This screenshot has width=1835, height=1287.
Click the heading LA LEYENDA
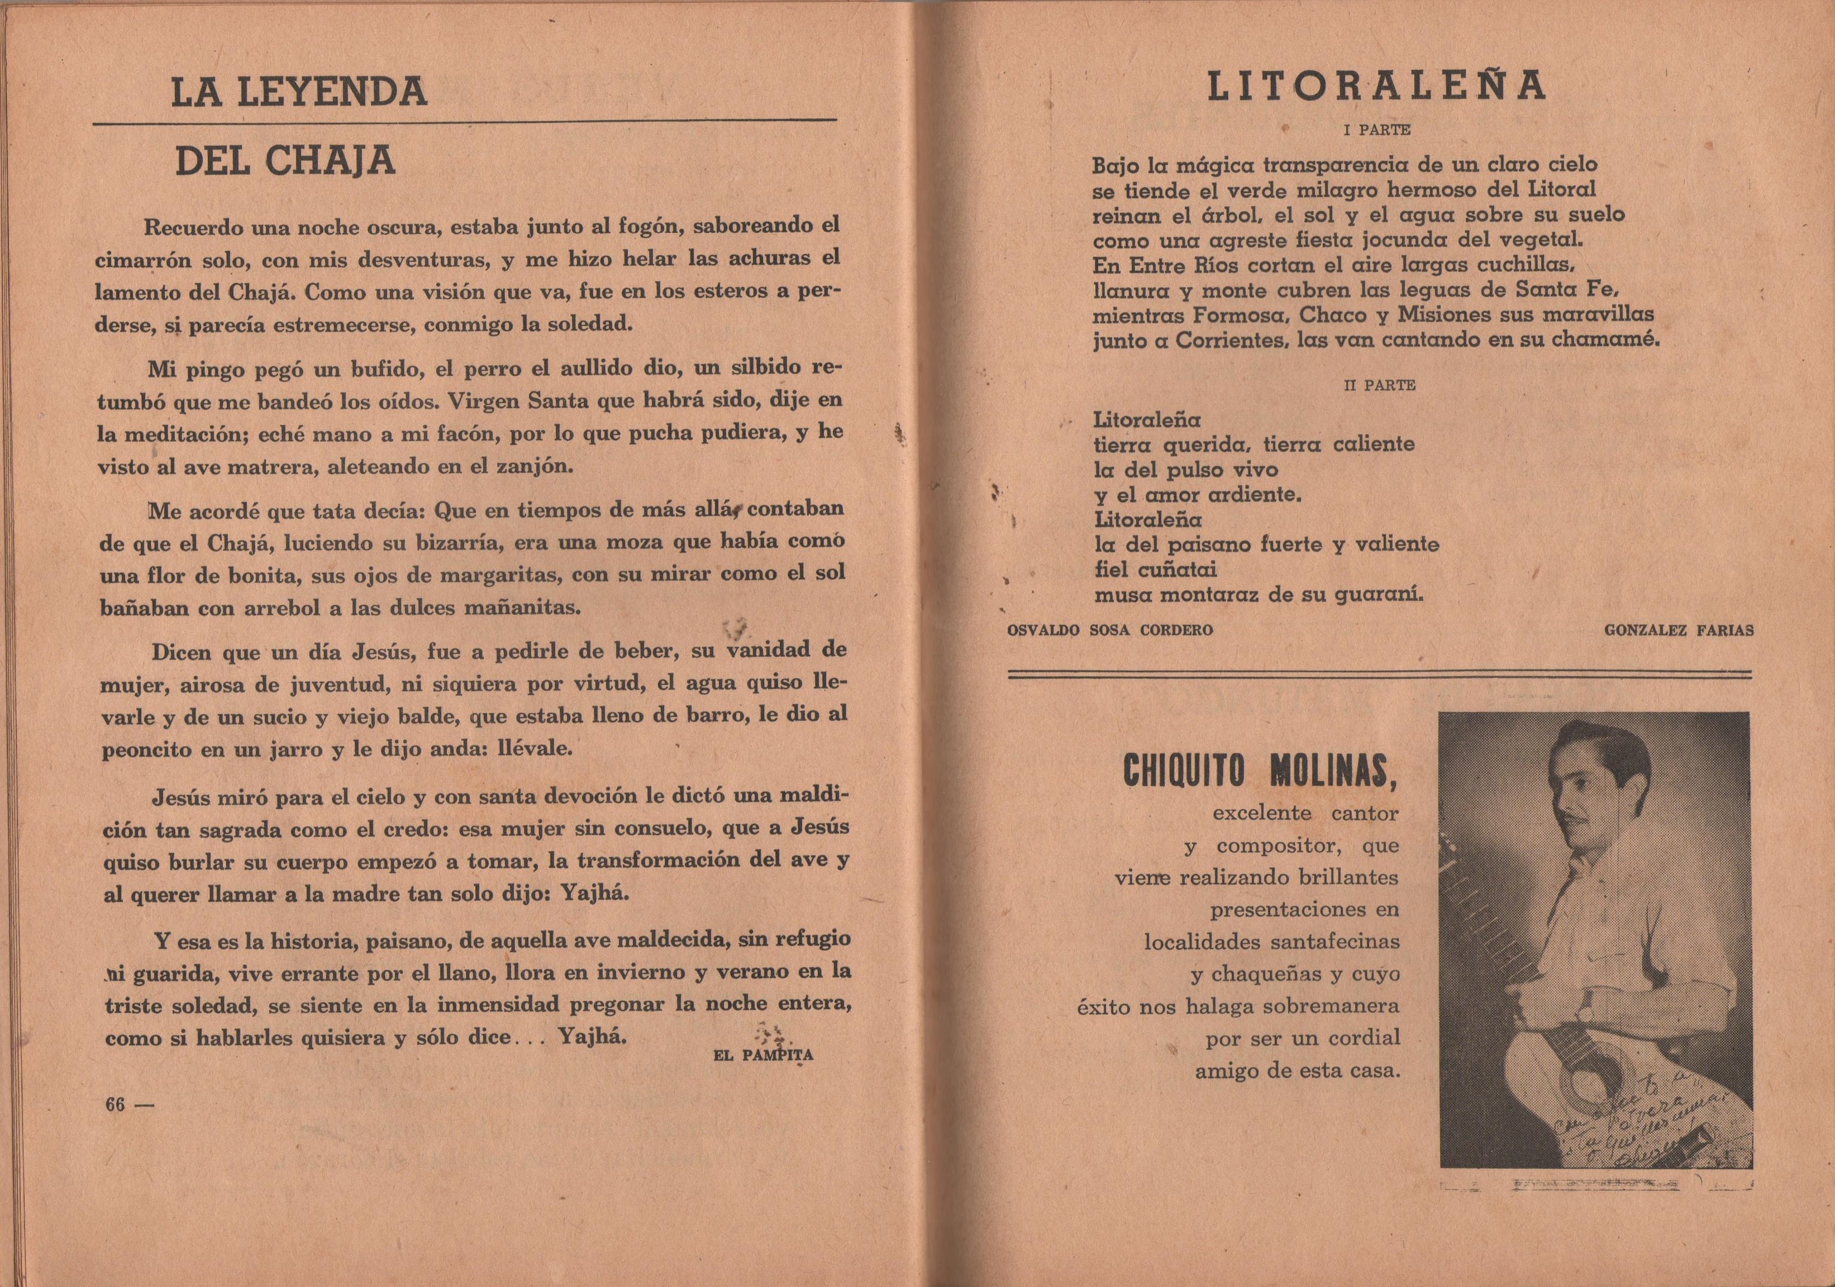click(299, 93)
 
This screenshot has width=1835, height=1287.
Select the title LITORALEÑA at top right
click(1377, 87)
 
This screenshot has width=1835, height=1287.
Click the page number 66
click(116, 1105)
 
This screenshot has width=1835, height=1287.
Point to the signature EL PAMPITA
click(762, 1055)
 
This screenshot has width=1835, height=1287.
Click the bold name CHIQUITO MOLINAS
click(1260, 770)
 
